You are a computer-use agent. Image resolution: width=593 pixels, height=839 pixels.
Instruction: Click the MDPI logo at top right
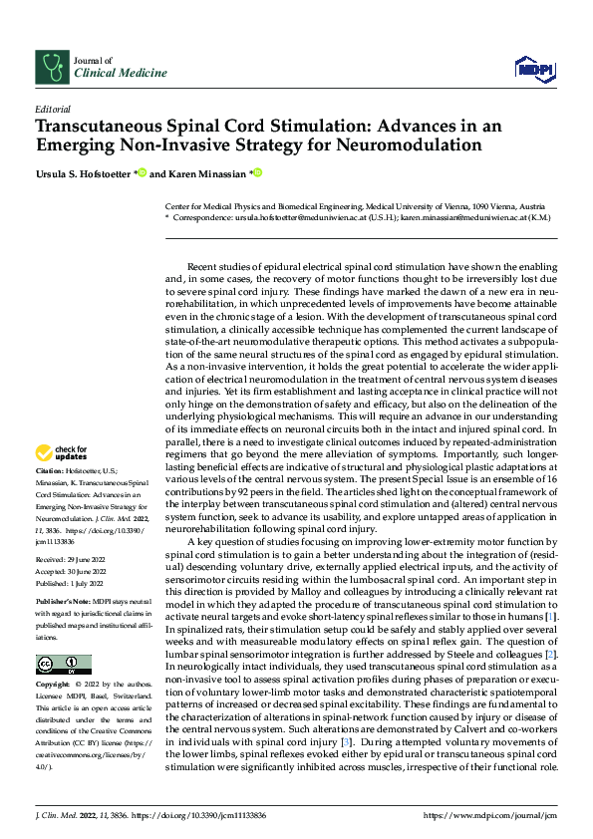tap(533, 67)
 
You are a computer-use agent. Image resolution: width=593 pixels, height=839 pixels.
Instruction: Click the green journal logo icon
tap(51, 66)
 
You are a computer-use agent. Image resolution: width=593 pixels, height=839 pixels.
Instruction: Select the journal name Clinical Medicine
tap(121, 73)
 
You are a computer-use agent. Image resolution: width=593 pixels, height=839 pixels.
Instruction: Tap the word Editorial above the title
tap(52, 110)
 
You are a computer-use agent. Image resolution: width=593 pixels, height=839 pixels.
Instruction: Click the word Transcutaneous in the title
tap(97, 128)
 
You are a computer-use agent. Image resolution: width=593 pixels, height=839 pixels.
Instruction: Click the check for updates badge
tap(63, 452)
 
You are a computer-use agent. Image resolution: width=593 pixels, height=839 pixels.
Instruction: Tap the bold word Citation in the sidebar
tap(49, 468)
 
